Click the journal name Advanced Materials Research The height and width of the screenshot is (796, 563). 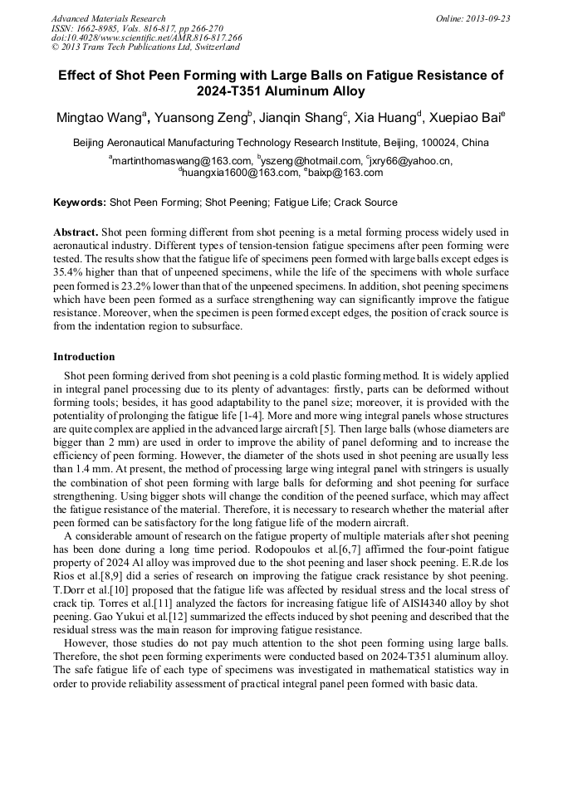108,18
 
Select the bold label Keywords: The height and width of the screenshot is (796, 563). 80,203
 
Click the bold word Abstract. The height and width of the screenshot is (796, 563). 76,232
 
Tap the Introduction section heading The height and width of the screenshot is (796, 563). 84,357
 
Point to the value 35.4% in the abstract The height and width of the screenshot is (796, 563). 70,270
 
